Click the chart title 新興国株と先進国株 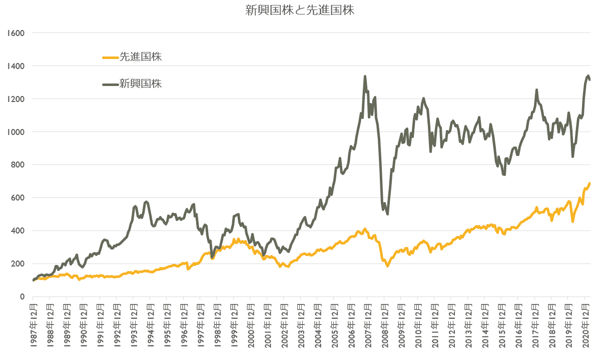[300, 10]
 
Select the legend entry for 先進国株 [141, 57]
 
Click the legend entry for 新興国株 [141, 83]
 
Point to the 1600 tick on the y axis [16, 33]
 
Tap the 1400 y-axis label [16, 66]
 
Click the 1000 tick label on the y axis [16, 132]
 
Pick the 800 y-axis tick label [18, 165]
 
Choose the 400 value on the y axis [18, 231]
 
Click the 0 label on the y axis [22, 297]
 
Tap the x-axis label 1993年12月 [134, 327]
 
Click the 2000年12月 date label [250, 327]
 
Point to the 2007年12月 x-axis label [367, 327]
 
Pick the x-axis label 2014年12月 [484, 327]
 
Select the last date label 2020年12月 [584, 327]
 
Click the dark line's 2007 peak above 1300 [365, 76]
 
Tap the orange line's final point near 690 [589, 183]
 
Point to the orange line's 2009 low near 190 [387, 265]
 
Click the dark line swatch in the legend [110, 83]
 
